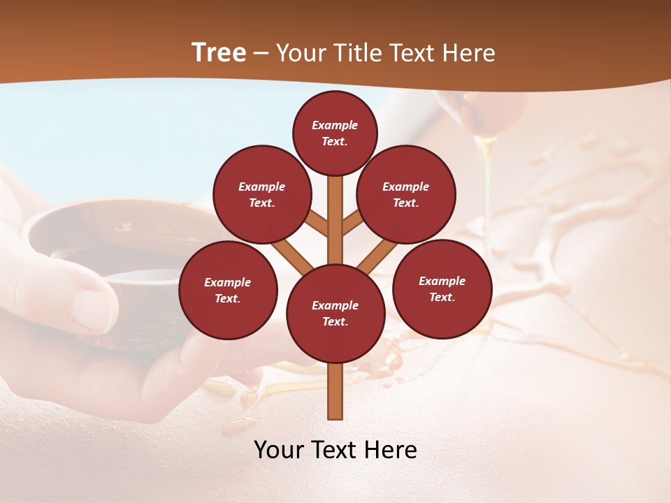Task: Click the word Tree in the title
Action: [219, 53]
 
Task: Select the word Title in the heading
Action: [358, 53]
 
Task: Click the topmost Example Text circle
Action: [335, 133]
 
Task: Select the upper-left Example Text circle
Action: [262, 194]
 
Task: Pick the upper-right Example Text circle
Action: [406, 194]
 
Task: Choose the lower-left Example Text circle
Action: [228, 290]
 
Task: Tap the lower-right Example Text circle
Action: [442, 289]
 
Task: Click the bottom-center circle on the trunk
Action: [335, 314]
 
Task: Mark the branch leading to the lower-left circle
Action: [291, 255]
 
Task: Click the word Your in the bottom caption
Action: [278, 450]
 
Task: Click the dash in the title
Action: [261, 54]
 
